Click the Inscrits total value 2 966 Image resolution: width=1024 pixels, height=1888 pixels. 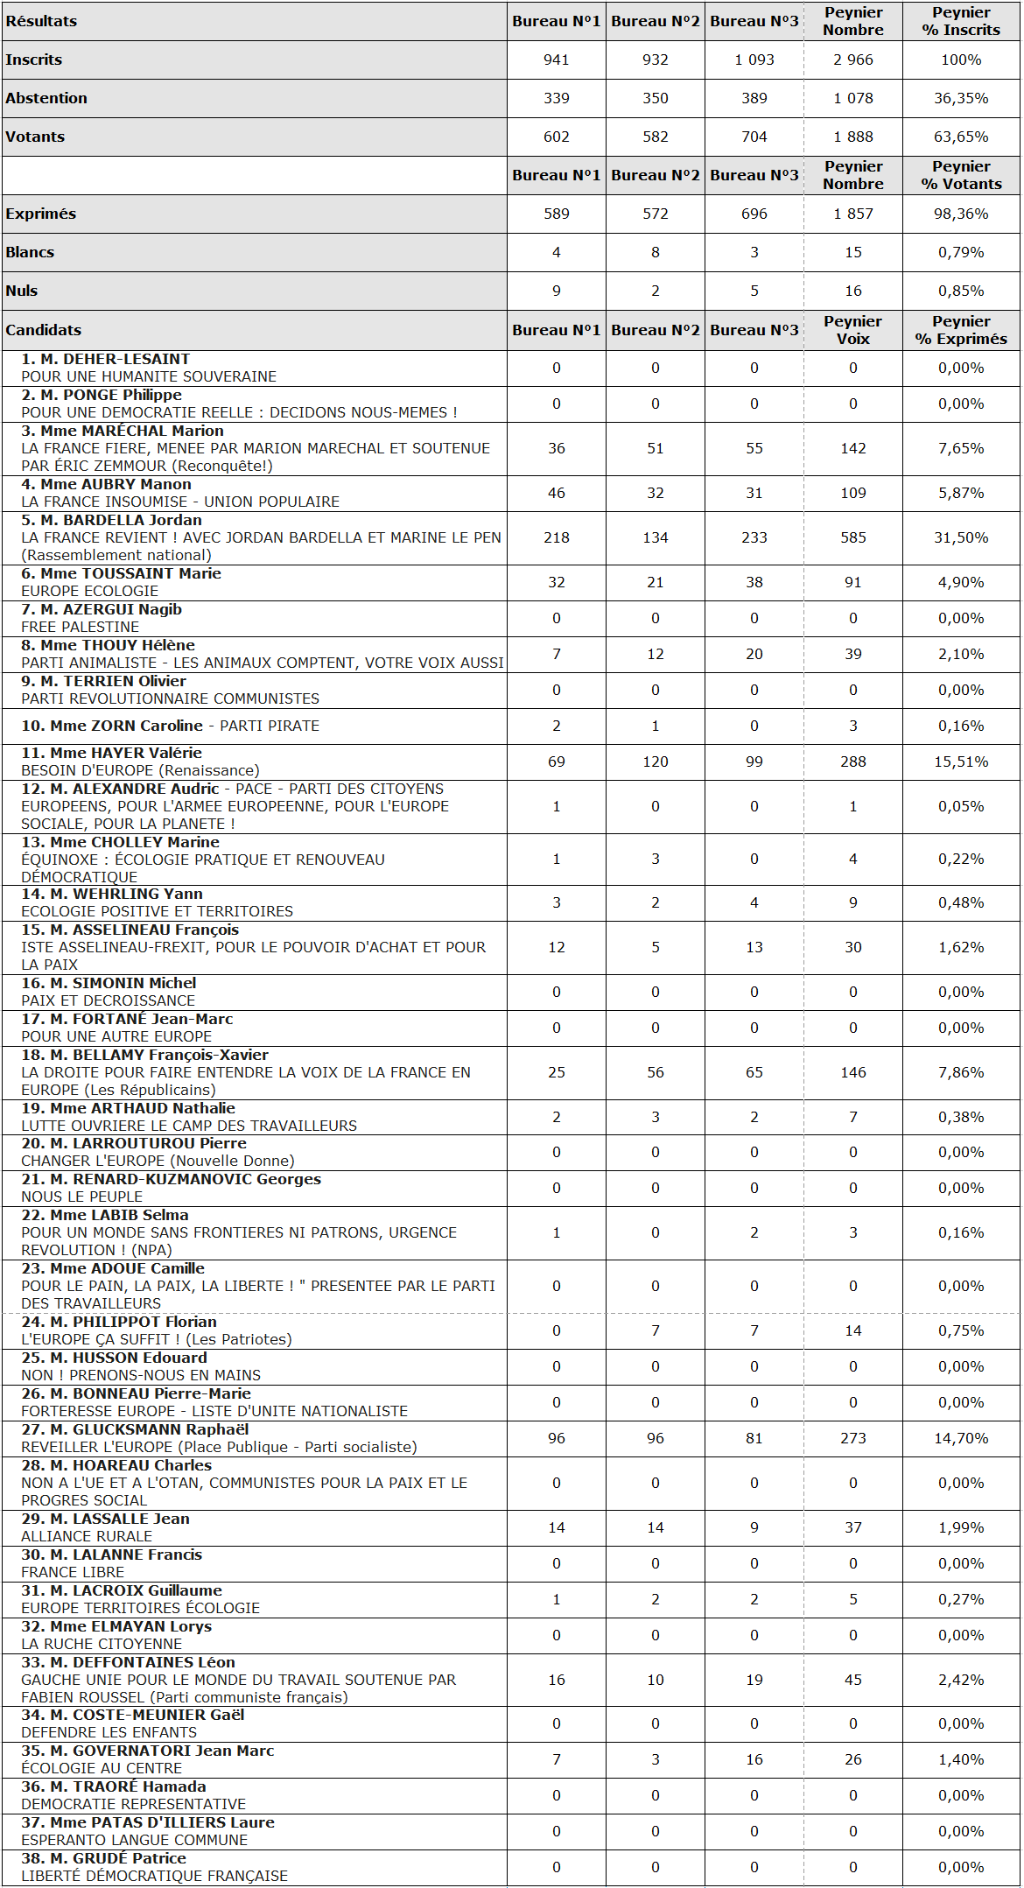click(x=852, y=60)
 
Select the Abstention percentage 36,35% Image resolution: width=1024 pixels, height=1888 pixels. click(x=960, y=98)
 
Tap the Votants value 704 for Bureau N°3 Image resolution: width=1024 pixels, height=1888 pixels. click(x=754, y=137)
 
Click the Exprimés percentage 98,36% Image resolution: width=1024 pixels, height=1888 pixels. click(x=960, y=214)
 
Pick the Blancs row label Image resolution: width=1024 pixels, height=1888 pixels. click(x=30, y=252)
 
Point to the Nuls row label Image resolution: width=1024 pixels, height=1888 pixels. click(x=22, y=291)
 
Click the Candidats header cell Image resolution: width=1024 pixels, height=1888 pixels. click(x=44, y=330)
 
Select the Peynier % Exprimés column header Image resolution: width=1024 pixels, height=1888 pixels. click(x=960, y=330)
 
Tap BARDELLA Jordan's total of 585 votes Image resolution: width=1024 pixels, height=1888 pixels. click(x=852, y=537)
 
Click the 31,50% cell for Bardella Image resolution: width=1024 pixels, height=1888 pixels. click(x=960, y=537)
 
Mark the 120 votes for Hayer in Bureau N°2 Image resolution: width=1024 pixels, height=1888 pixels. click(x=655, y=762)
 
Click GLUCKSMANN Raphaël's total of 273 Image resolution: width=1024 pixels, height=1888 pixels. click(x=852, y=1438)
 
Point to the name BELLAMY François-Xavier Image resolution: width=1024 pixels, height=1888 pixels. click(x=158, y=1055)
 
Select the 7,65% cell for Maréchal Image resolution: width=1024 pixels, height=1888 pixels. click(x=960, y=448)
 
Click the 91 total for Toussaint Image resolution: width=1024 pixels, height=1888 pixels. click(x=852, y=582)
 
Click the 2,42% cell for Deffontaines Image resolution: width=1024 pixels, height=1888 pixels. click(x=960, y=1680)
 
